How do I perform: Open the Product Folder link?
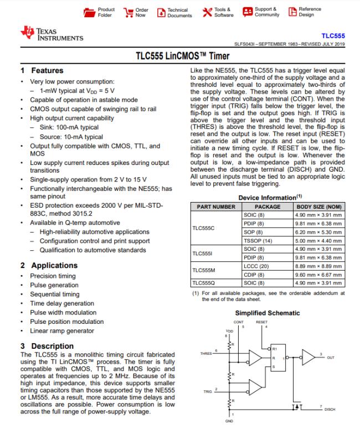100,12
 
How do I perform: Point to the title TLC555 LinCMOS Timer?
180,56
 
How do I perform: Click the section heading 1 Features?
42,71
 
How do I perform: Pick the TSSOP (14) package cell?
256,241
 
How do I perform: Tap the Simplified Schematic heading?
268,313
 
